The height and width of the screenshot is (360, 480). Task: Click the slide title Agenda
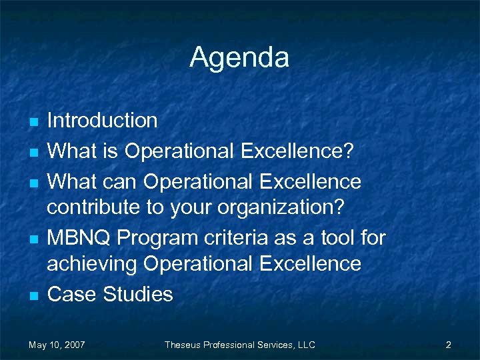239,57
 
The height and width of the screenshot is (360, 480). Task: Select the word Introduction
102,121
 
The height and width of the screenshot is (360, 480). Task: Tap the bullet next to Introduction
33,122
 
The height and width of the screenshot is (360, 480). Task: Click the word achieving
91,265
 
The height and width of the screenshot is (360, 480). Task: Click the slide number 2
449,345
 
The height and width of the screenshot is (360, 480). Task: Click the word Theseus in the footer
182,345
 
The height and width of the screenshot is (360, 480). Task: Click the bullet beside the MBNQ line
33,239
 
